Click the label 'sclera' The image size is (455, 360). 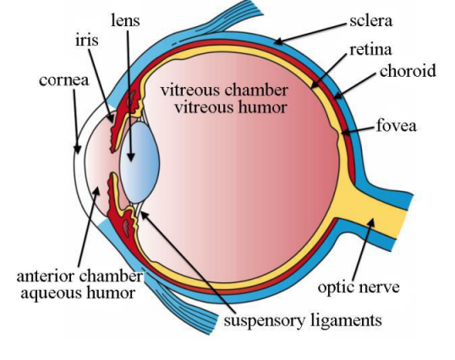pos(370,21)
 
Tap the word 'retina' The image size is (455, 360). pos(370,50)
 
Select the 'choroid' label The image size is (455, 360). pos(408,70)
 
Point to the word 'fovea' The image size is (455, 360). pos(396,126)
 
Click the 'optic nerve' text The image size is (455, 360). pos(359,287)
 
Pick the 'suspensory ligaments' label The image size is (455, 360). pos(303,320)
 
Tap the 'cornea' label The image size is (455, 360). pos(63,80)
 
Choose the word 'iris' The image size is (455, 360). pos(87,40)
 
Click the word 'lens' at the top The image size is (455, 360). pos(125,20)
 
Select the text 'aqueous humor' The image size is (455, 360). pos(78,293)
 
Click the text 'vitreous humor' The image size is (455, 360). pos(231,107)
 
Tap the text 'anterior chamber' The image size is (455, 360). pos(79,276)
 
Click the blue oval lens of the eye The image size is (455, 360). pos(140,162)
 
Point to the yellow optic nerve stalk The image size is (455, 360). pos(375,210)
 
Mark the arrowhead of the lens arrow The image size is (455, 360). pos(131,156)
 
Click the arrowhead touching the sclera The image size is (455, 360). pos(278,41)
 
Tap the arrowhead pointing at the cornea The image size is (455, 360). pos(77,149)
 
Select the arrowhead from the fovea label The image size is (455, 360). pos(345,133)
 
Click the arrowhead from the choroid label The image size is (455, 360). pos(338,95)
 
